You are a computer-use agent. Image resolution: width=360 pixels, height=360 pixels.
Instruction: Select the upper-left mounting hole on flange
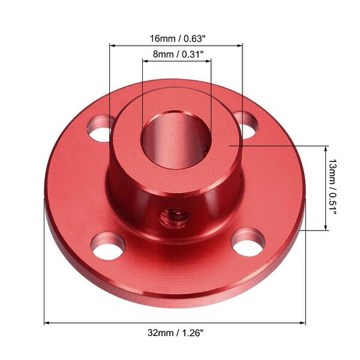101,128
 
